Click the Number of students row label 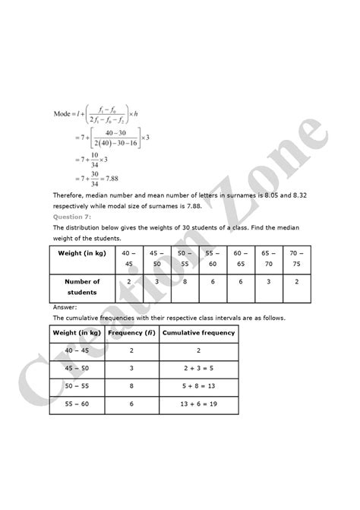pos(81,287)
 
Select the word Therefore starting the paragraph pos(69,196)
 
